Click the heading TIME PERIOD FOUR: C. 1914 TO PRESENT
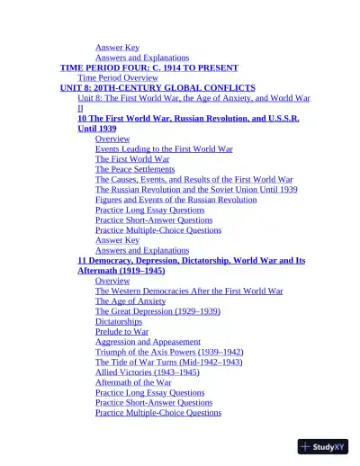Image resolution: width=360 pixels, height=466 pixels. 148,67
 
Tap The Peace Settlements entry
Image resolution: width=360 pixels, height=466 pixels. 135,169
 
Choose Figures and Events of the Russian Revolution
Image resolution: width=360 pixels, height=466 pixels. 175,200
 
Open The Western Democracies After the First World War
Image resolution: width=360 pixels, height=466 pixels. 189,291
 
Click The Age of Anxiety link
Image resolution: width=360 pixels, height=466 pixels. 130,301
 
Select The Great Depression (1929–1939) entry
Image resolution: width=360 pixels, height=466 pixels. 157,311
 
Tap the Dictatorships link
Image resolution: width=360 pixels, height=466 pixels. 119,321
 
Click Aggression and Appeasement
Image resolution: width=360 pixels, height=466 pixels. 148,342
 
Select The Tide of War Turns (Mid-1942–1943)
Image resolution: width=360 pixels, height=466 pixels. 168,362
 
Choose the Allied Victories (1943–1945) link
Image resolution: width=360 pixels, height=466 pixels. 148,372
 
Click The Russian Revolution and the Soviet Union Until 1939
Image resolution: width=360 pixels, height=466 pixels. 196,190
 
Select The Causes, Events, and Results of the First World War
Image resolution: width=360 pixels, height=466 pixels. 193,180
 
